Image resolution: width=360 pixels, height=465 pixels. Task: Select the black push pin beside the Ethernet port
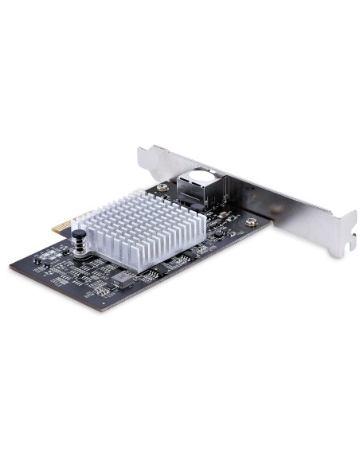point(196,209)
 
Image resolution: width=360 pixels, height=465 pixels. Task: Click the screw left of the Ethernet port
point(163,188)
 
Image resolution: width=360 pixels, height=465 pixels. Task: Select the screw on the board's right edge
point(251,222)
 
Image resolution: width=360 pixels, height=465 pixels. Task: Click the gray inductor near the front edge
point(121,278)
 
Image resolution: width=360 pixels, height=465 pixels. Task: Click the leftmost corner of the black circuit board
point(10,264)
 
